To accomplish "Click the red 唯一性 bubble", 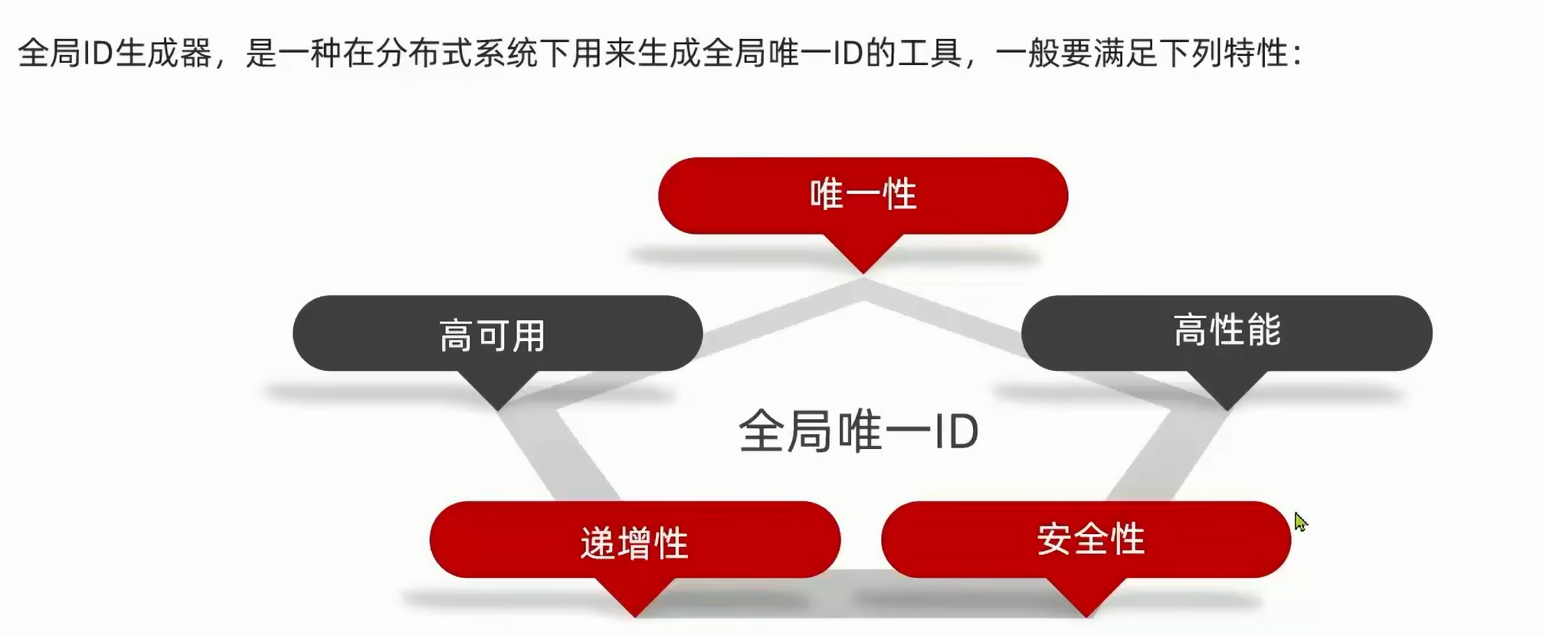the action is [863, 195].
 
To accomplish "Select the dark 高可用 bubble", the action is [497, 334].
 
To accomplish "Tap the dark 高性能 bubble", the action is [1227, 332].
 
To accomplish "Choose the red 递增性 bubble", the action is [634, 540].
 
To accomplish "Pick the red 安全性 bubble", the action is [1086, 539].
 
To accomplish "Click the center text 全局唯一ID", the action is [858, 431].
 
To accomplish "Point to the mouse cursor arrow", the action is [1300, 522].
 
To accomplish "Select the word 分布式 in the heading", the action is [425, 54].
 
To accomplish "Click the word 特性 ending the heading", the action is [1256, 54].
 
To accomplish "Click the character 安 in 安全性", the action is [1054, 539].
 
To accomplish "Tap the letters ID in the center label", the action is [955, 431].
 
